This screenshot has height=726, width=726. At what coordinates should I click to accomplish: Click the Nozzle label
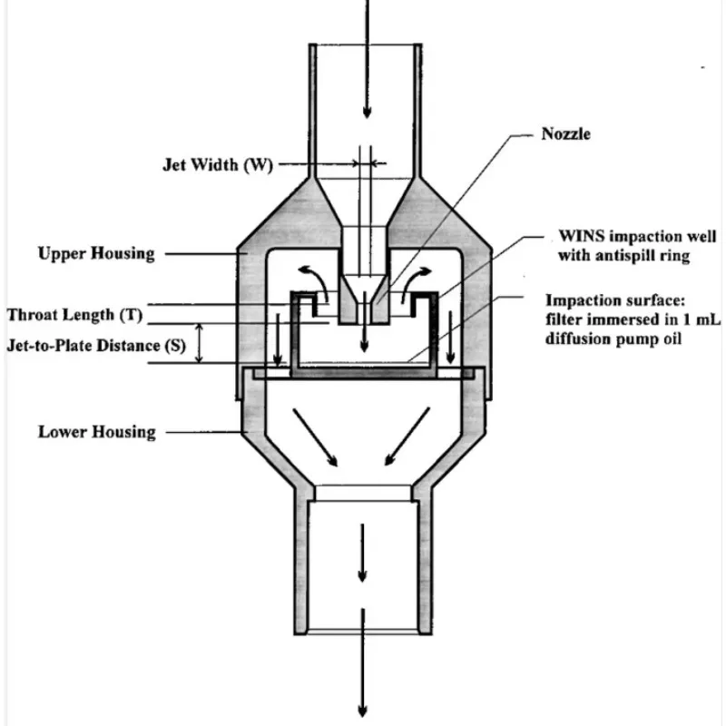(565, 134)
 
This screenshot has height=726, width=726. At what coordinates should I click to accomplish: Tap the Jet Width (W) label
(218, 165)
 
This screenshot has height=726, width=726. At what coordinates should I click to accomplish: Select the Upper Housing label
(96, 254)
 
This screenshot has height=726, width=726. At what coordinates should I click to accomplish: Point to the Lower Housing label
(97, 432)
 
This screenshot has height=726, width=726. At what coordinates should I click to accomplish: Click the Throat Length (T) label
(74, 315)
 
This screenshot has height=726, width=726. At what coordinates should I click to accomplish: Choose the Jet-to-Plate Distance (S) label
(96, 346)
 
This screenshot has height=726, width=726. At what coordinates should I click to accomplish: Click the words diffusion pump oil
(613, 338)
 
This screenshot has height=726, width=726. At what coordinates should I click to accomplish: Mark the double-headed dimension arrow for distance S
(199, 343)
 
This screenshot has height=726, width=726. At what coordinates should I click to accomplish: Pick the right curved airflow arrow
(416, 283)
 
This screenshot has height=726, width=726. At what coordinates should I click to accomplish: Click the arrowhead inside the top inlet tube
(368, 112)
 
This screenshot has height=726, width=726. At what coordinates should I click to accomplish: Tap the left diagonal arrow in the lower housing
(315, 437)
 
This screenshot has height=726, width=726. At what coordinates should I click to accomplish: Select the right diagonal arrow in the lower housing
(407, 437)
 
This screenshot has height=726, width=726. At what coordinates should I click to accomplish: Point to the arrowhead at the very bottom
(362, 711)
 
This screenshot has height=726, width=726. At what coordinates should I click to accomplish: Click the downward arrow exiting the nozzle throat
(365, 321)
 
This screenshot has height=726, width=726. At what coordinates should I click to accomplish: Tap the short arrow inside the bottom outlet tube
(362, 553)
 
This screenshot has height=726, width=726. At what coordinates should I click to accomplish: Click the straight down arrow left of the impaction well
(278, 339)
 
